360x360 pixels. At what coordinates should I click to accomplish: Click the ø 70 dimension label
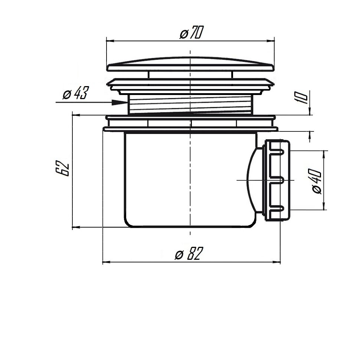pos(191,34)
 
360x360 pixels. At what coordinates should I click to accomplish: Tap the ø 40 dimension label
pos(316,181)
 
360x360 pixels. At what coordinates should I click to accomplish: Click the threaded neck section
pos(190,104)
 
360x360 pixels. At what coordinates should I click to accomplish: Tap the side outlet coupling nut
pos(276,180)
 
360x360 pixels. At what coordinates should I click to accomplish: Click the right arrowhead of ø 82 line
pos(278,262)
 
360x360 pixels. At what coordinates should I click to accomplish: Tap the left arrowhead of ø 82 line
pos(104,262)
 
